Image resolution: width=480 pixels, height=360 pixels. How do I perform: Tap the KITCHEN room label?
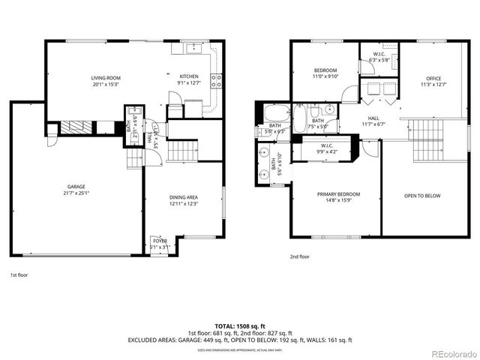click(x=189, y=77)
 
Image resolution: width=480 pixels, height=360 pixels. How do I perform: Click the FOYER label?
click(x=160, y=241)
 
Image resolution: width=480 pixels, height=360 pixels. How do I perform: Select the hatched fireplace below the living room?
click(x=75, y=127)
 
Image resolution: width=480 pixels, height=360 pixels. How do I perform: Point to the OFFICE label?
click(x=433, y=79)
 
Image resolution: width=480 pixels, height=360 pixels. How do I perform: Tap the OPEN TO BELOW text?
click(x=422, y=196)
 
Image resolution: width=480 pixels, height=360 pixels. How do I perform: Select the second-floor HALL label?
click(x=372, y=118)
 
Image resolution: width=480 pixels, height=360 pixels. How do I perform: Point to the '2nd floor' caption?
click(x=300, y=256)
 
